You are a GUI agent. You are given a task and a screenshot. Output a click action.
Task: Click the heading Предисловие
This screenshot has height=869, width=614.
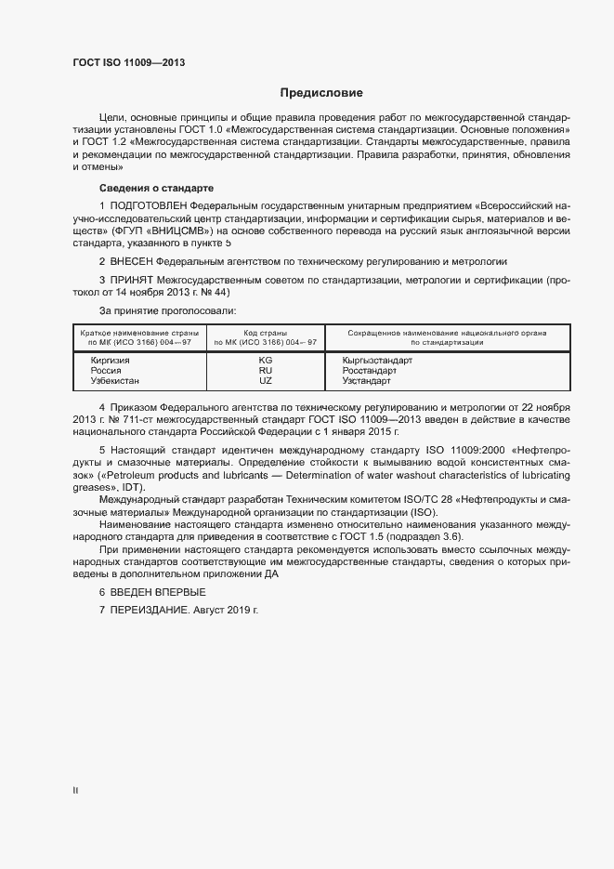[x=321, y=93]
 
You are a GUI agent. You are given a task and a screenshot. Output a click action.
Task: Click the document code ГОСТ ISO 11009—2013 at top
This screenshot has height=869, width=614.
[x=129, y=62]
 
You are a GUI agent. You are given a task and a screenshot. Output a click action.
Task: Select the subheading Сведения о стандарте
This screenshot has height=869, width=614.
[x=156, y=188]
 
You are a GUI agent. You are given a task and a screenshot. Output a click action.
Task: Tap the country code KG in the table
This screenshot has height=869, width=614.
[x=265, y=360]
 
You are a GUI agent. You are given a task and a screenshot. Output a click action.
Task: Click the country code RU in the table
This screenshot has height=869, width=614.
[x=265, y=370]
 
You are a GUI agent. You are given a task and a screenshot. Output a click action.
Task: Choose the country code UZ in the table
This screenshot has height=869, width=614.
[x=265, y=380]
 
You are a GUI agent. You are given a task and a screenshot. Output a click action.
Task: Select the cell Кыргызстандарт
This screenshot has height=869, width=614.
[x=377, y=360]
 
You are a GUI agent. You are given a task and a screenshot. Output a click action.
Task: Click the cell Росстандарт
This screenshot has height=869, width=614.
[x=371, y=370]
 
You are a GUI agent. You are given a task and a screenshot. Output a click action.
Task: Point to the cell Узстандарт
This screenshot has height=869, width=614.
[x=367, y=380]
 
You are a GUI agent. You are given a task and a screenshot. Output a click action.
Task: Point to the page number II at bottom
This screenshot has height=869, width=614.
[x=75, y=791]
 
